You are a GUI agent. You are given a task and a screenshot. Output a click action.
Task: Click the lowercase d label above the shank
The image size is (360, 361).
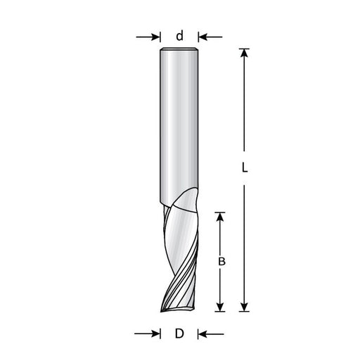click(179, 35)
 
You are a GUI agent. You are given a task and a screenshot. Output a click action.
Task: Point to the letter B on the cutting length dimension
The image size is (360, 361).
click(221, 262)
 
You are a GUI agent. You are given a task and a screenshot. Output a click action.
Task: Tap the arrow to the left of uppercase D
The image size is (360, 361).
click(148, 334)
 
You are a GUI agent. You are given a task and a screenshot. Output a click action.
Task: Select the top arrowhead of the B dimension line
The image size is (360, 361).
click(221, 217)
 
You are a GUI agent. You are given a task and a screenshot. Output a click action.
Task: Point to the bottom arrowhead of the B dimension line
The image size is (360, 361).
click(221, 305)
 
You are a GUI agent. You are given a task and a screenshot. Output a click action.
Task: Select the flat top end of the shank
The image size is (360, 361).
click(179, 49)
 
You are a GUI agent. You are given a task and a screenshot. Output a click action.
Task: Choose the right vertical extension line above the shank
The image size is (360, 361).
click(198, 37)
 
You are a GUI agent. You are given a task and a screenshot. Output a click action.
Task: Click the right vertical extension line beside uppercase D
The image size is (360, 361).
click(198, 334)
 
